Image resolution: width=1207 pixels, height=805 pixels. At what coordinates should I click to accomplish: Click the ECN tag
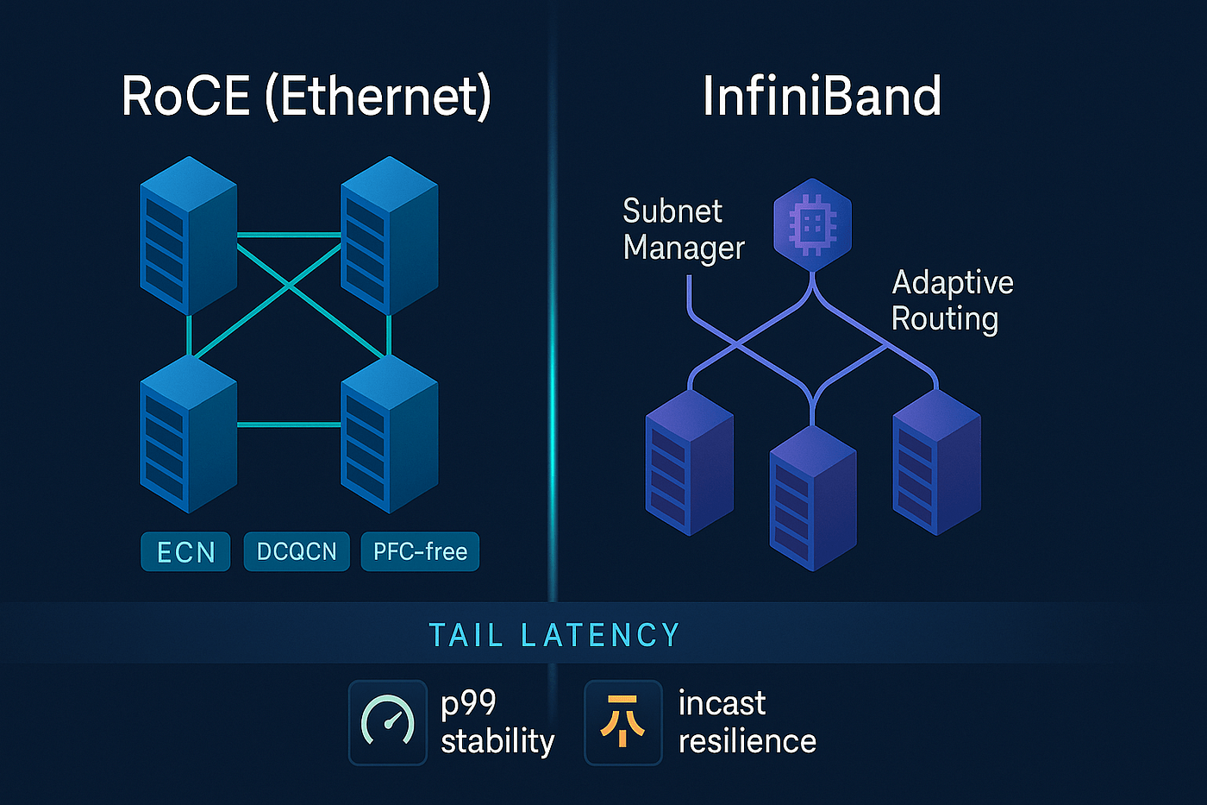185,551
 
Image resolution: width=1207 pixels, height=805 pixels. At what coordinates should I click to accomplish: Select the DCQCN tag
297,551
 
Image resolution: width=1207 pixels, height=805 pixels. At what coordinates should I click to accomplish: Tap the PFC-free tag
420,551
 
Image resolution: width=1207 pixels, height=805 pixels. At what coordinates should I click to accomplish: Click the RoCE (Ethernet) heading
306,96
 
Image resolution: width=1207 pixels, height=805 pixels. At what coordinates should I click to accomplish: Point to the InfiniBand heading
822,96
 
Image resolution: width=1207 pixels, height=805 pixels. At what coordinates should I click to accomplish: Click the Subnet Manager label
683,229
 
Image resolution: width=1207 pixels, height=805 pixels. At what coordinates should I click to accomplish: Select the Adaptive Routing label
952,300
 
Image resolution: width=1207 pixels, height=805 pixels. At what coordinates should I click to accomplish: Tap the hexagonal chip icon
812,225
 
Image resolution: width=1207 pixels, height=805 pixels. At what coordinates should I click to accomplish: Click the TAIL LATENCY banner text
554,636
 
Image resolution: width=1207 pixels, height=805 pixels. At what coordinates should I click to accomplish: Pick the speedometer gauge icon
387,722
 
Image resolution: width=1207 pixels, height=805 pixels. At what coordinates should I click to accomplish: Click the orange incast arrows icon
622,722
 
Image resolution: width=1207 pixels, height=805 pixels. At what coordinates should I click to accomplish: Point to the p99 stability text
497,722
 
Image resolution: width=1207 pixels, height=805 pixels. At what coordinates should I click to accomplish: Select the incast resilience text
747,722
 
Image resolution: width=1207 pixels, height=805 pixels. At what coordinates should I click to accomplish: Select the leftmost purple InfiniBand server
689,462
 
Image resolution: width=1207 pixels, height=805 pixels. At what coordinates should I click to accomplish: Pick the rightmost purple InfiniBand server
936,462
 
